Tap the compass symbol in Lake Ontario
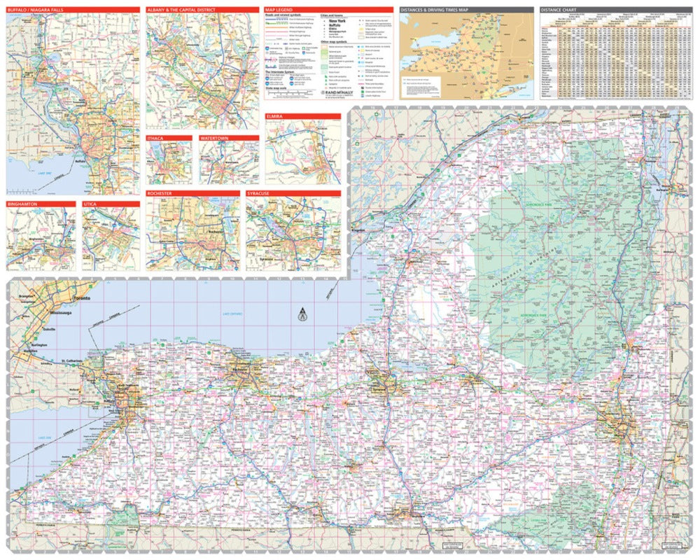tap(302, 313)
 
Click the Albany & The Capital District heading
tap(181, 10)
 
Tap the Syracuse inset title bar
tap(260, 193)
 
